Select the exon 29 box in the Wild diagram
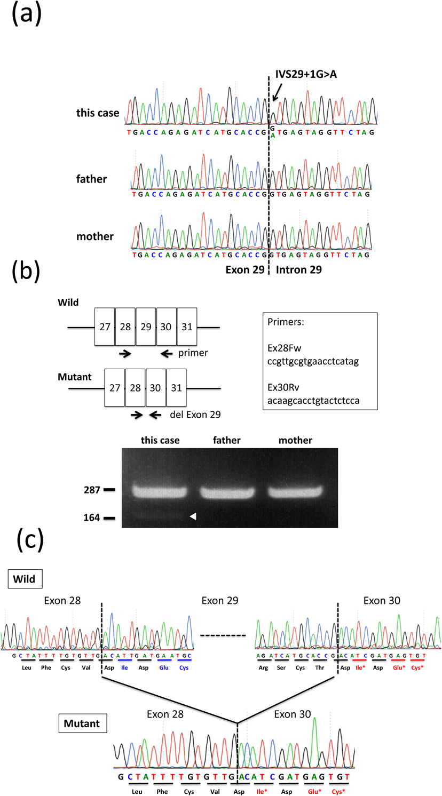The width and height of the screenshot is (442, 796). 146,325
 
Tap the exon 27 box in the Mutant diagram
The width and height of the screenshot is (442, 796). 114,388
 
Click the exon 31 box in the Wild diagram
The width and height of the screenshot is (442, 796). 187,325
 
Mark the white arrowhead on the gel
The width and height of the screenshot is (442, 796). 193,516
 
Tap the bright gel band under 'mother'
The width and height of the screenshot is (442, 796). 296,490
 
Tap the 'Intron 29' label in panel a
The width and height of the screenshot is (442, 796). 299,270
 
